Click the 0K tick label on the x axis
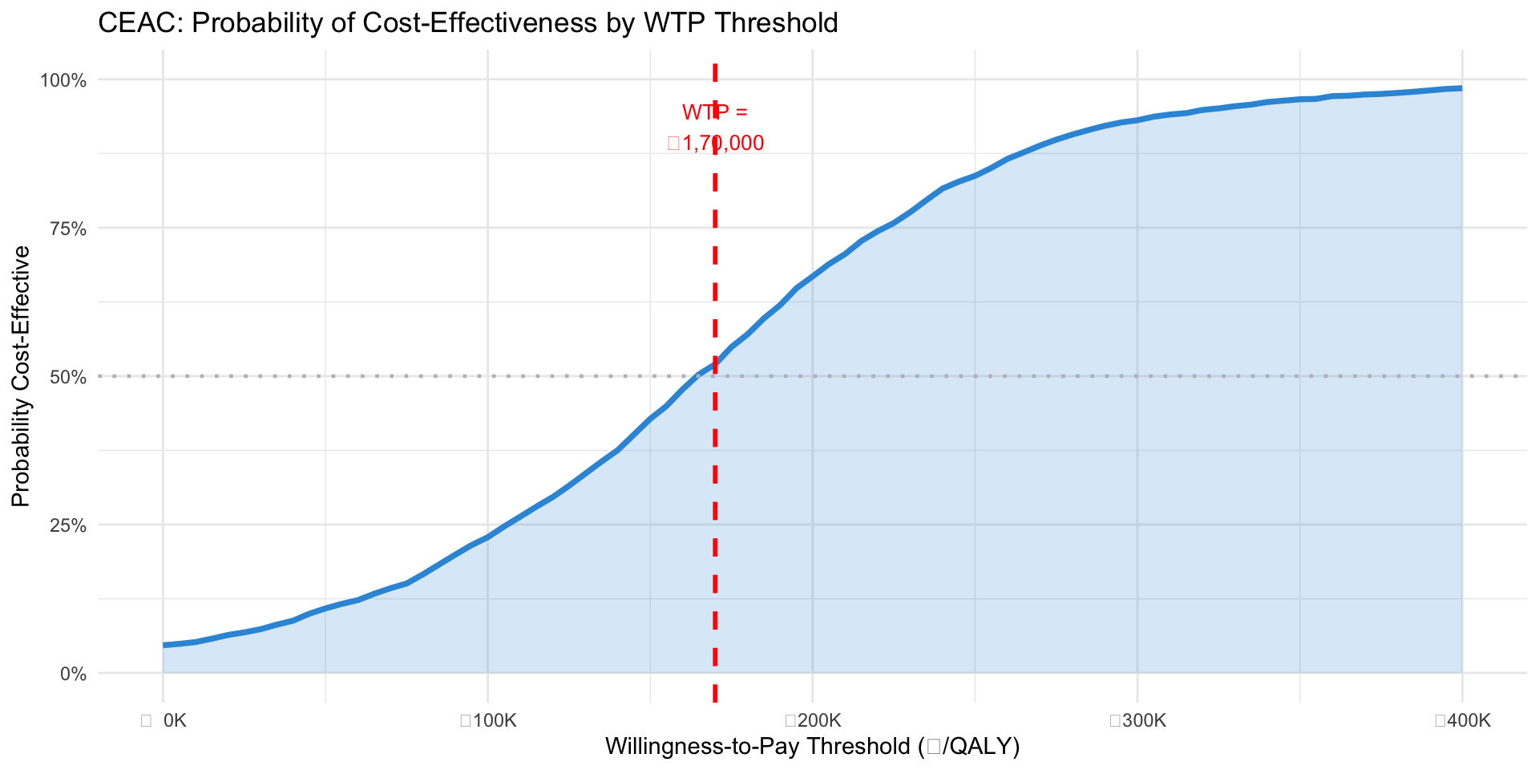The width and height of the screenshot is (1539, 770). (173, 720)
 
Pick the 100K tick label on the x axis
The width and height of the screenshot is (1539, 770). (493, 720)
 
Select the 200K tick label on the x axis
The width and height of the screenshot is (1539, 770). (818, 720)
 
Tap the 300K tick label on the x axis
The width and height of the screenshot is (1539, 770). (1143, 720)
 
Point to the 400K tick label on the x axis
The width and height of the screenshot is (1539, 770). (1468, 720)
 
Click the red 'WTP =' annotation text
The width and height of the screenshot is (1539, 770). (714, 112)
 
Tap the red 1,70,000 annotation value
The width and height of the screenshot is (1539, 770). (721, 144)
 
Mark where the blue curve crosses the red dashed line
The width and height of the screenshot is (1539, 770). (714, 364)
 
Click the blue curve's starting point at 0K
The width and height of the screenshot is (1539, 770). (164, 645)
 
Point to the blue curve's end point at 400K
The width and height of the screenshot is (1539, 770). (1461, 88)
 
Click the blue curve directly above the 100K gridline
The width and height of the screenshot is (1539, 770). (488, 537)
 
